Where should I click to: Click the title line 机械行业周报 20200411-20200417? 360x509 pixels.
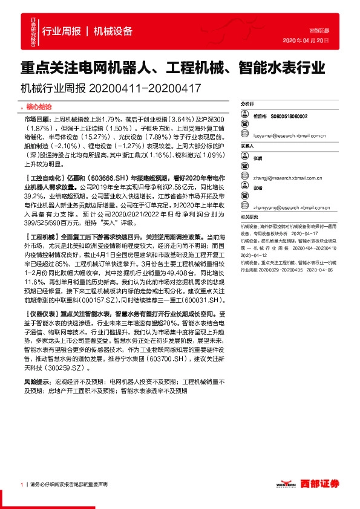pyautogui.click(x=110, y=87)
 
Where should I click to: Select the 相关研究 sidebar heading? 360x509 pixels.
pyautogui.click(x=249, y=216)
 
